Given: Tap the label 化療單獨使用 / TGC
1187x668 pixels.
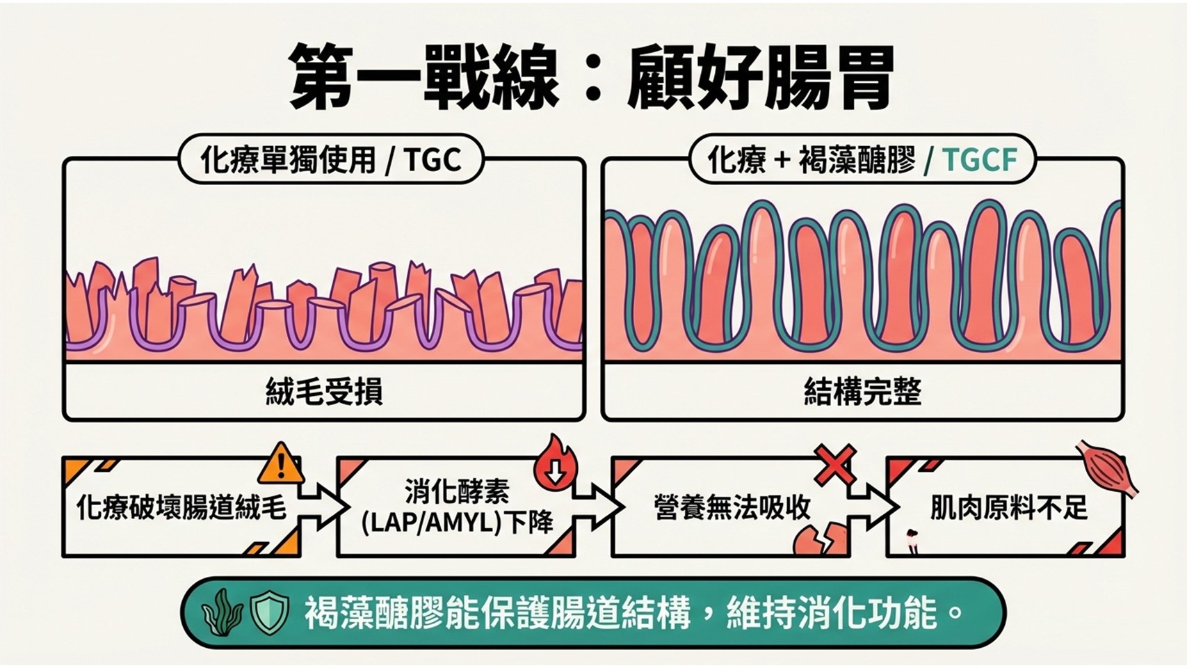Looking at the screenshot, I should (x=330, y=159).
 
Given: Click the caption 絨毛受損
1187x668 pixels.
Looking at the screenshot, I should (x=323, y=392).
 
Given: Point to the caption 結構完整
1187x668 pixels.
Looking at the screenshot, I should (x=862, y=392).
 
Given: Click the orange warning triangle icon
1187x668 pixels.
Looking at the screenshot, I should (x=281, y=465).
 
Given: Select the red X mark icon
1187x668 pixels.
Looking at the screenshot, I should (x=835, y=464).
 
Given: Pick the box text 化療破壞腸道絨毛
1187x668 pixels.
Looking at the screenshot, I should (x=181, y=507).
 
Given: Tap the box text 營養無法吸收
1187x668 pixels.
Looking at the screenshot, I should (x=732, y=507).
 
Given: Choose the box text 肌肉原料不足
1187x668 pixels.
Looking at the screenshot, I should (x=1008, y=507).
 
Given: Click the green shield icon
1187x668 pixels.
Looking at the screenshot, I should (x=269, y=612).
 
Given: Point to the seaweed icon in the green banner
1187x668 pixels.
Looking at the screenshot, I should (x=222, y=612).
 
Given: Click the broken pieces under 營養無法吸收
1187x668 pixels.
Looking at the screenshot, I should (x=821, y=539).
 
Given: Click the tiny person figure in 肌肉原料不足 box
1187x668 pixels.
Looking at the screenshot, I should (x=912, y=540).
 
